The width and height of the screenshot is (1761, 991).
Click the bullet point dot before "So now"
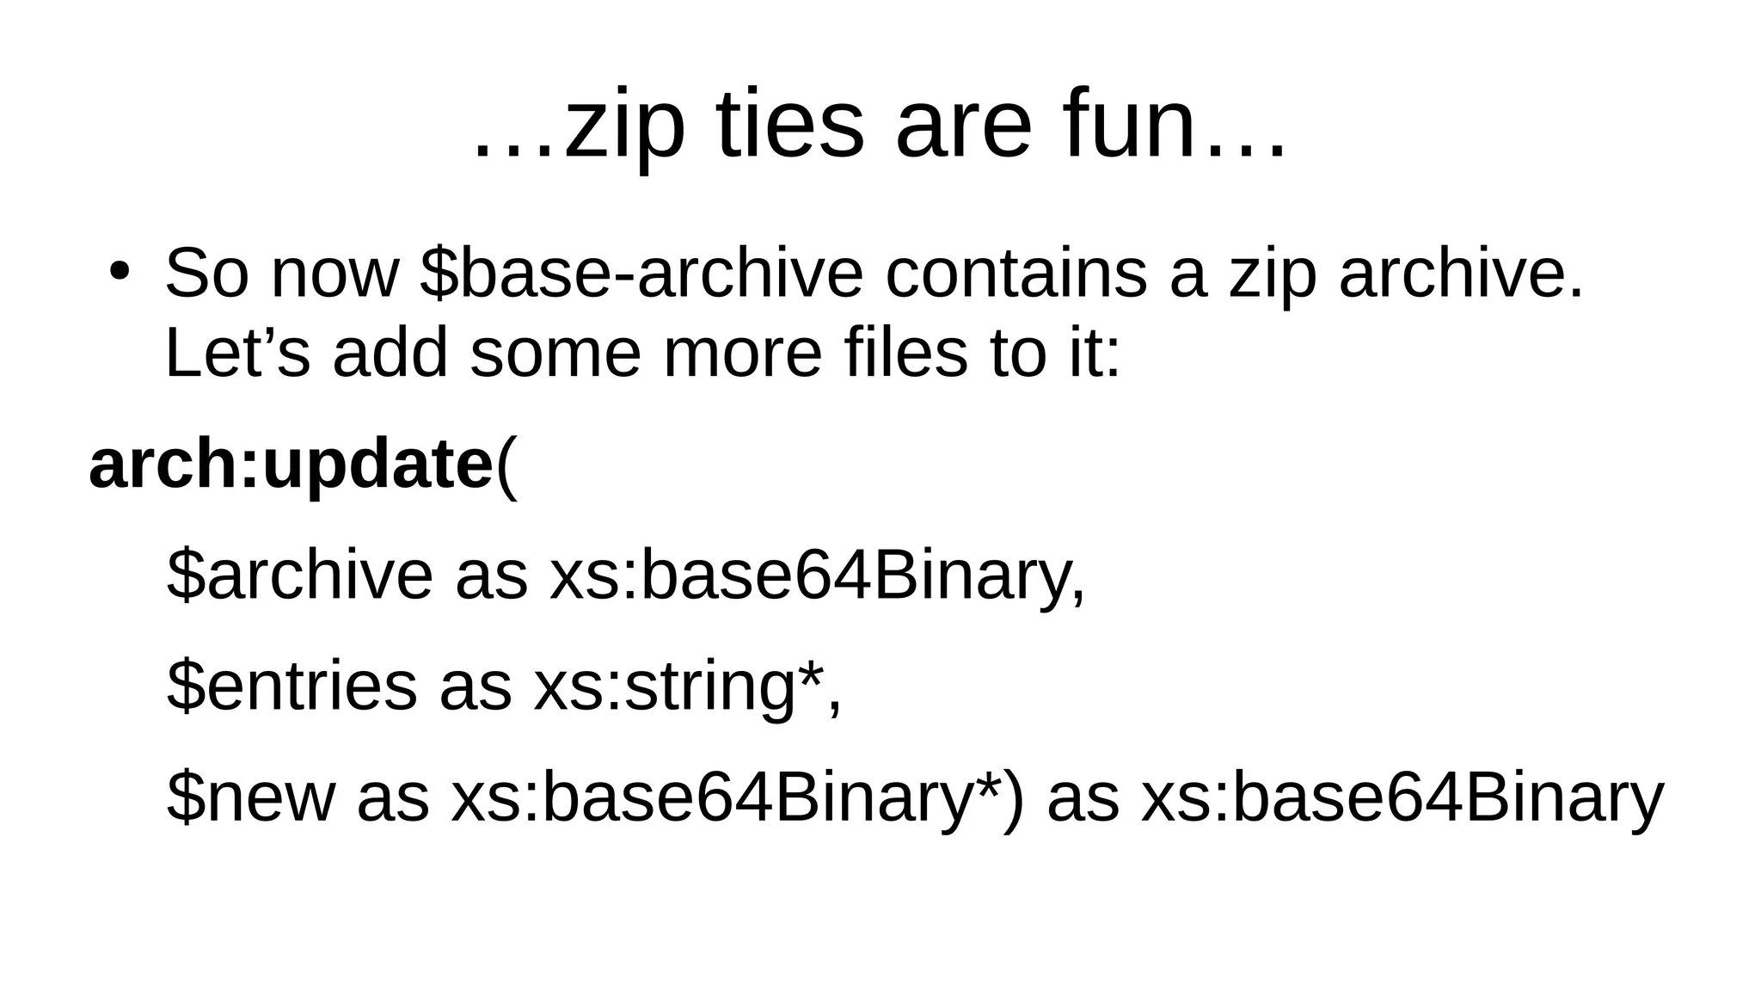[119, 270]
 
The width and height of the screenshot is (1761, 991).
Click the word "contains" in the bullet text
[1015, 274]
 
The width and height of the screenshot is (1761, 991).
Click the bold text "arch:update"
[291, 465]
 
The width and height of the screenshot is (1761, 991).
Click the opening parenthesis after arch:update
[507, 467]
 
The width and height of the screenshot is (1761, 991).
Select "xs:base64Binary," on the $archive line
[818, 576]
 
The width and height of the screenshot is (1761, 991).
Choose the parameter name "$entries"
[291, 686]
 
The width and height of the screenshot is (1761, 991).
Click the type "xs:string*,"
[687, 687]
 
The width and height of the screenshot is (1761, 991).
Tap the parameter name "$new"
[250, 797]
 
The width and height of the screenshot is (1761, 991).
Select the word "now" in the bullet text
[334, 274]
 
